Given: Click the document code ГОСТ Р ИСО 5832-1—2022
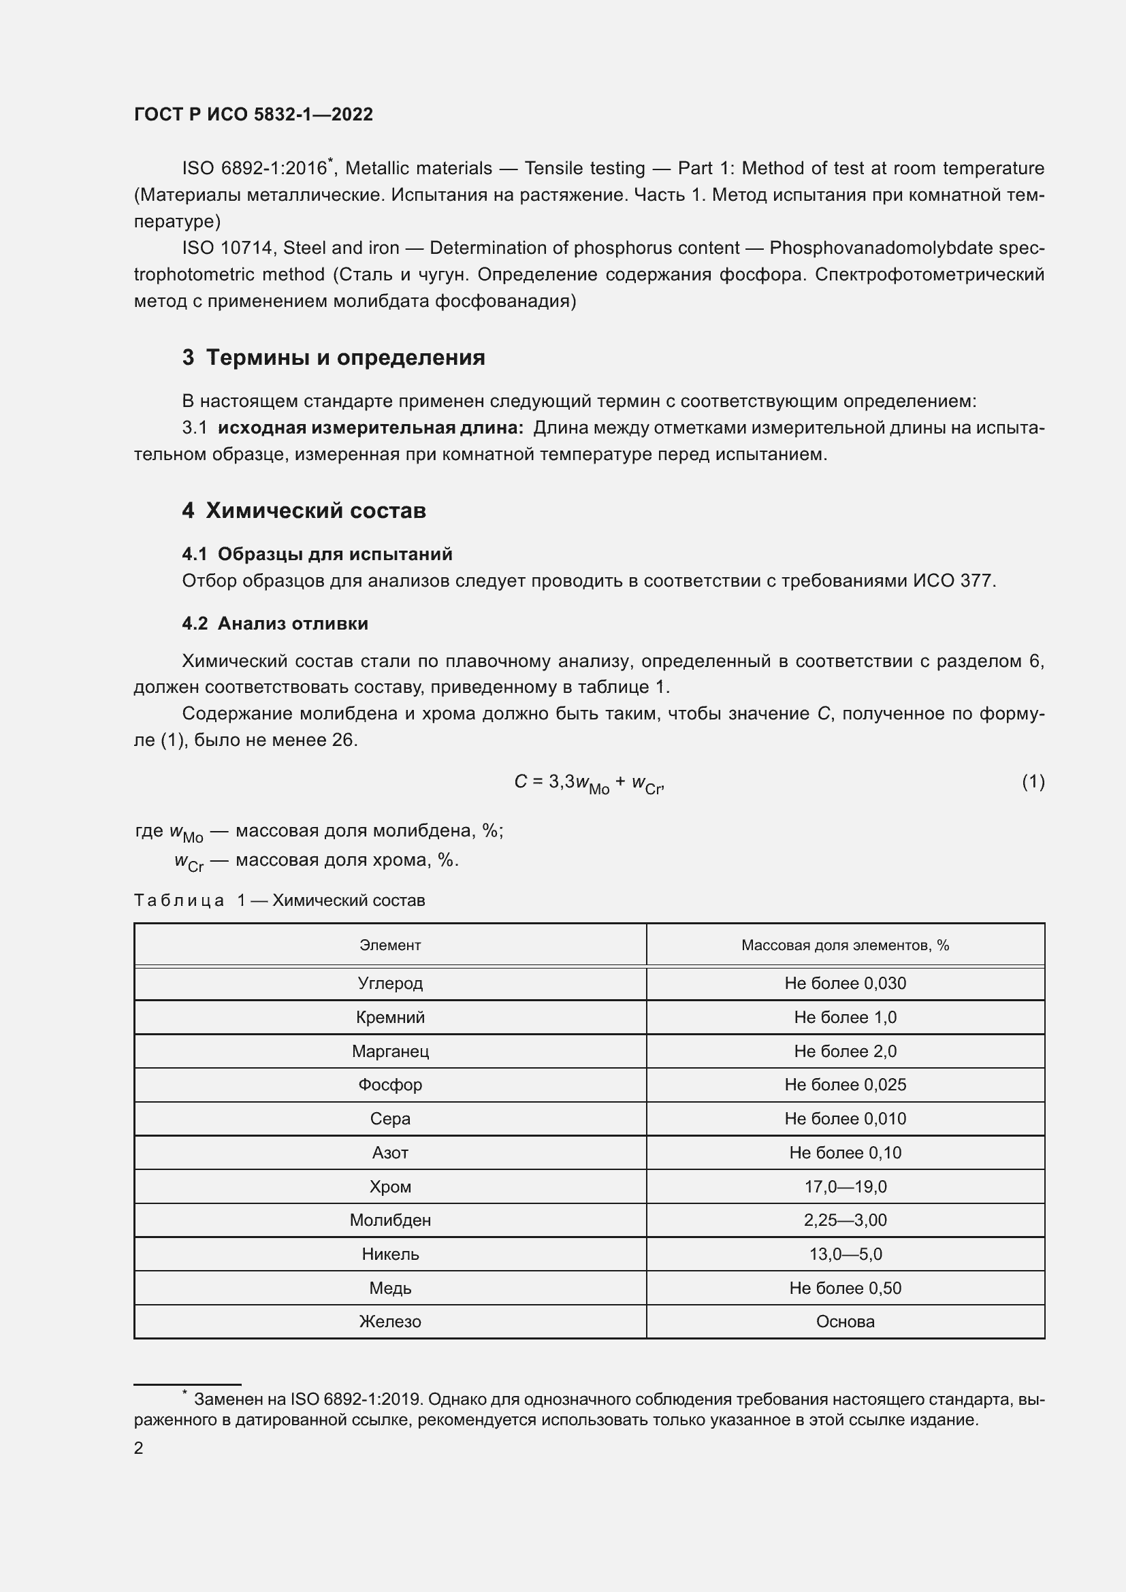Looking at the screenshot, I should point(253,115).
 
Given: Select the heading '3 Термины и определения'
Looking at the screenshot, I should point(334,358).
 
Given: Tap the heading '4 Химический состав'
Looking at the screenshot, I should point(304,511).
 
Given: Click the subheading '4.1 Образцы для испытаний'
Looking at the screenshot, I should point(317,554).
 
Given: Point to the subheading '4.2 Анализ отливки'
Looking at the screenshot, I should point(274,623).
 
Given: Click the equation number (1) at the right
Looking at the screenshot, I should point(1033,782).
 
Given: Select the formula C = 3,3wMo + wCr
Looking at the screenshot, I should point(590,783).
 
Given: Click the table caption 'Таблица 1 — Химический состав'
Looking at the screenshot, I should point(278,900).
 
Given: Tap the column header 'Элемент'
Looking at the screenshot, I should point(389,945).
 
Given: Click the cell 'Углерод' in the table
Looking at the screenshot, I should point(389,984).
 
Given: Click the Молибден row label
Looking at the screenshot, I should point(389,1220).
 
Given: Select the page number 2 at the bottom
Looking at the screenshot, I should point(139,1448).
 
